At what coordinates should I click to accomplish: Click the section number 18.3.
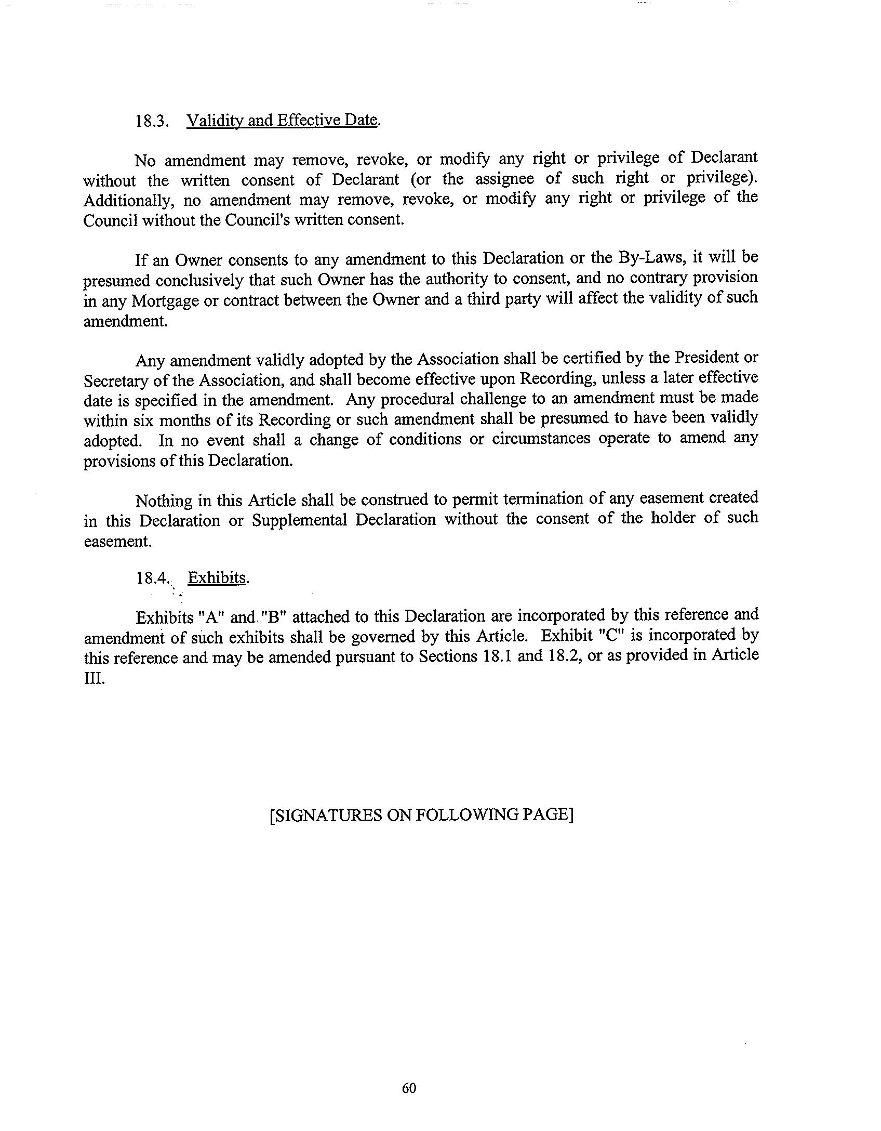(152, 121)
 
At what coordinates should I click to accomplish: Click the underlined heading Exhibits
(217, 578)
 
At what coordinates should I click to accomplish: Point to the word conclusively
(200, 280)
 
